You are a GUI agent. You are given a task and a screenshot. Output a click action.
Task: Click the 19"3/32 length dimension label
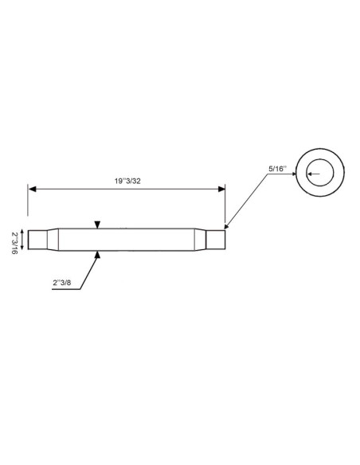pos(127,181)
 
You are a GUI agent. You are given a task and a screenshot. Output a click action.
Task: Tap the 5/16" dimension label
pos(278,169)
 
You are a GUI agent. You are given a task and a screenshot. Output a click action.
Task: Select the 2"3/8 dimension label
pos(62,283)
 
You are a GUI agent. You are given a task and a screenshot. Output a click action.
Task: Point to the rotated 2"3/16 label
pos(14,243)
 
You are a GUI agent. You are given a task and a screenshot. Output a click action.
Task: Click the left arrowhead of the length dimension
pos(32,189)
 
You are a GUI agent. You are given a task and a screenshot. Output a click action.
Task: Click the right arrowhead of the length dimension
pos(221,189)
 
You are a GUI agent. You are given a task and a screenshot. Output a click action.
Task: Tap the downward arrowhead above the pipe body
pos(97,225)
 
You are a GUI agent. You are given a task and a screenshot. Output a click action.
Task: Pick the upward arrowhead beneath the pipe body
pos(97,255)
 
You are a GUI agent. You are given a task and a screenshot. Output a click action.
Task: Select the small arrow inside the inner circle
pos(314,174)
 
